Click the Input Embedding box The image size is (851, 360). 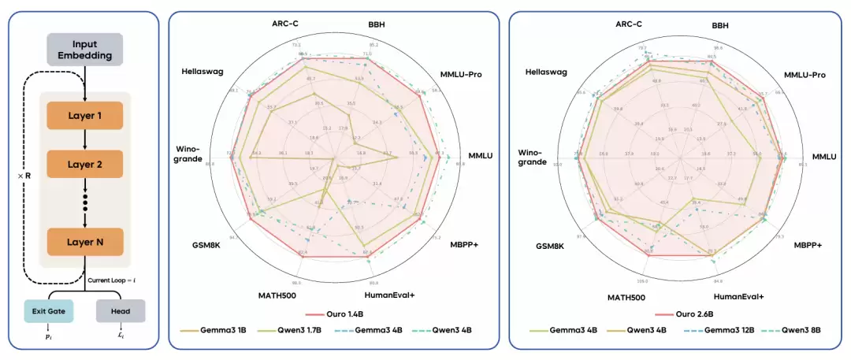(84, 49)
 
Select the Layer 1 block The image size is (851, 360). (84, 116)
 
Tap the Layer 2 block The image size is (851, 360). (84, 165)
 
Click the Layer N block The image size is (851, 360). (84, 242)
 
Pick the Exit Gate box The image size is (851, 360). (49, 311)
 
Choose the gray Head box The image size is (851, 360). (121, 311)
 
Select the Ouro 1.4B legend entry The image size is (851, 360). (334, 313)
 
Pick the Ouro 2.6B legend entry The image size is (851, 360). (674, 313)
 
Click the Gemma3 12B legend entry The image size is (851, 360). (723, 331)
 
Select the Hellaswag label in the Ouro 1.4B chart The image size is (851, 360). (203, 71)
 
